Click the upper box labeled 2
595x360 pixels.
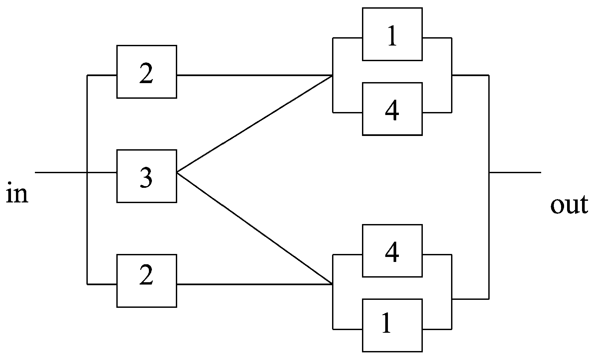[147, 72]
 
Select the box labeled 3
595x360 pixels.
[147, 176]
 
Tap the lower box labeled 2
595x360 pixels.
[147, 281]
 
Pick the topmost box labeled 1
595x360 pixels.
[392, 34]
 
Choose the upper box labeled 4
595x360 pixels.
[392, 109]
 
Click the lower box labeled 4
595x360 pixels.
[392, 251]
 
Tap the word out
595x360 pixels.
[569, 205]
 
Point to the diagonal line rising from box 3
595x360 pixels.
[254, 124]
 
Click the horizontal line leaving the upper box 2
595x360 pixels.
[254, 75]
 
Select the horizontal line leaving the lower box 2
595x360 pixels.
[254, 285]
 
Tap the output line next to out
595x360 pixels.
[515, 173]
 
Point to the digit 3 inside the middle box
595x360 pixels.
[146, 177]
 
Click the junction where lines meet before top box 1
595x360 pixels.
[332, 76]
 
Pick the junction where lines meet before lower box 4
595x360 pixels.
[332, 284]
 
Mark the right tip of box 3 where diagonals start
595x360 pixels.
[177, 173]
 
